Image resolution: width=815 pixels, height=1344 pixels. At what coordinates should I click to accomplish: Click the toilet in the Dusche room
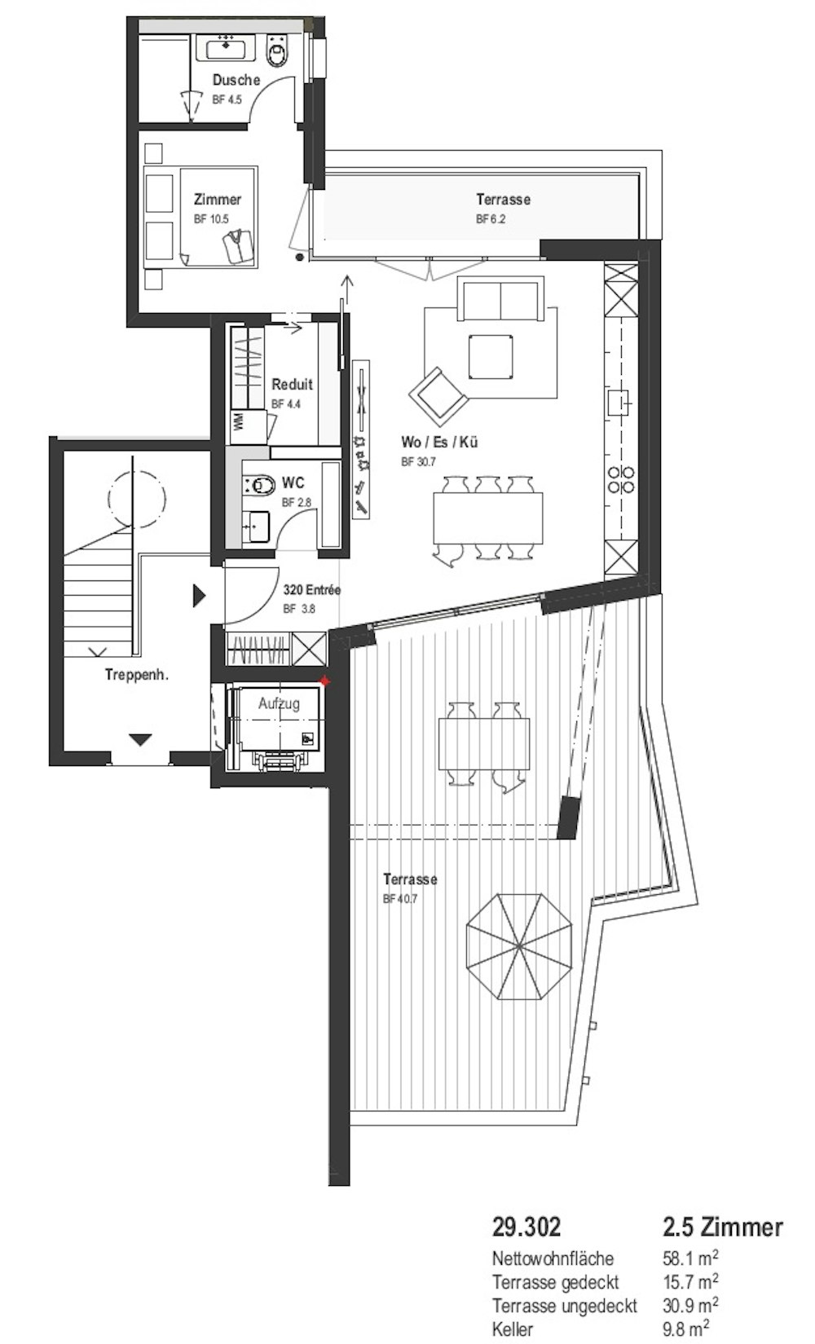tap(278, 48)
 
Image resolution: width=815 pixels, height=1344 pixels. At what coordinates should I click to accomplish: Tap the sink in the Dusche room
tap(227, 46)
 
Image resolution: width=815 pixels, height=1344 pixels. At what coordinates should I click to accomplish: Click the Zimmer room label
tap(218, 199)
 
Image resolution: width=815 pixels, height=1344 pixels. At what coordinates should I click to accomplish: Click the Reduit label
tap(292, 384)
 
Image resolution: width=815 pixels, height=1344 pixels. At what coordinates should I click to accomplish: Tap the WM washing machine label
tap(238, 421)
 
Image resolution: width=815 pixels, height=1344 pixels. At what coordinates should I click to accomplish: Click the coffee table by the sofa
tap(491, 357)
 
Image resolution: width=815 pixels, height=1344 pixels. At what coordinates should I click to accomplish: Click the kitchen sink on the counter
tap(619, 403)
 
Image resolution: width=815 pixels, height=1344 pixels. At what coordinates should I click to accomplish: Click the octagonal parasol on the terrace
tap(519, 947)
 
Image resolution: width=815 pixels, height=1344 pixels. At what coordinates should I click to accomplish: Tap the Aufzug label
tap(279, 703)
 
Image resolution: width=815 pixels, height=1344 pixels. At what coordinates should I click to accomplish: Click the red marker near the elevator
tap(324, 681)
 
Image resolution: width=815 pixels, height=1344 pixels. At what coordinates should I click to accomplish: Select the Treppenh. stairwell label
tap(137, 674)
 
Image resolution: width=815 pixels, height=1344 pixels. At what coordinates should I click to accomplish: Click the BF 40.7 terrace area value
tap(399, 899)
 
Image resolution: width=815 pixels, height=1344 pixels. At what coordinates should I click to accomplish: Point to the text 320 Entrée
tap(311, 590)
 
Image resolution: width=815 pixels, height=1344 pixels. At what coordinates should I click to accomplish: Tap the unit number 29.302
tap(526, 1227)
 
